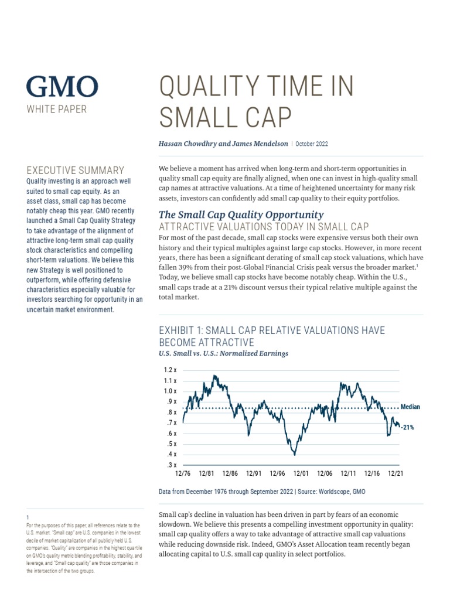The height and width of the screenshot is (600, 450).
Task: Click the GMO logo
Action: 62,87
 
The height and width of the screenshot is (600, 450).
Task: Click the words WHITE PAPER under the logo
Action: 56,109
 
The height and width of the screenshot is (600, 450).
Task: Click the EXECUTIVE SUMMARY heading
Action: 76,171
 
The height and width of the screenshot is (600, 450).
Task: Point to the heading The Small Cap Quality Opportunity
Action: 241,214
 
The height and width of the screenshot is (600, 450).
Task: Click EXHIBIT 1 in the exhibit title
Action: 184,330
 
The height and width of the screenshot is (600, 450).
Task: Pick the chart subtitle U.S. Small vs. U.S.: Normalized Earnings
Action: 223,353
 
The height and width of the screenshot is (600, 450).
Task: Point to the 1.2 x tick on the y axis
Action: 171,370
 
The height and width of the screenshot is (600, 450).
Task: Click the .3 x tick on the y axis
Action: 171,465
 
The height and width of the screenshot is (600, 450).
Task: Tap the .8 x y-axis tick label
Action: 171,412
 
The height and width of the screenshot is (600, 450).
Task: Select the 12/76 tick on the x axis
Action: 183,473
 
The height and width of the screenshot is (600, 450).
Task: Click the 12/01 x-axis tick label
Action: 301,473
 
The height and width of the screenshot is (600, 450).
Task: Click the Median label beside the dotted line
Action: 410,407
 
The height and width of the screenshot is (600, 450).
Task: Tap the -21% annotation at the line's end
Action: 408,428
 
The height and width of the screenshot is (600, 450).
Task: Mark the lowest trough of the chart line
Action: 294,455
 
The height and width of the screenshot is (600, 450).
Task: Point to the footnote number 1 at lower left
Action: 28,517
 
